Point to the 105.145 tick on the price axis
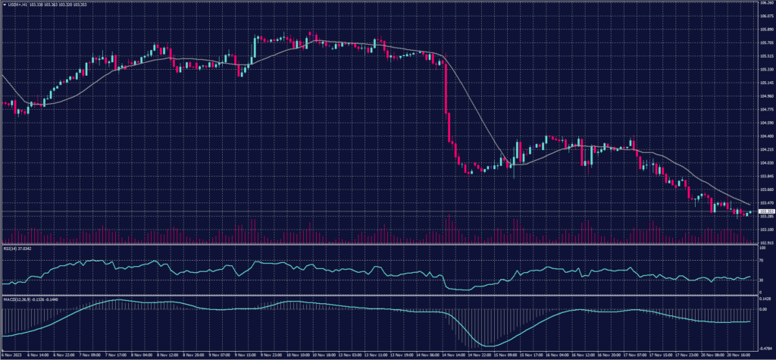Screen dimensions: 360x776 [765, 83]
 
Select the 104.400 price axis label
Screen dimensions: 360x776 [765, 136]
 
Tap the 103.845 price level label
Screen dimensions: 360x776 [765, 176]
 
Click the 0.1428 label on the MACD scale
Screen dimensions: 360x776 [765, 299]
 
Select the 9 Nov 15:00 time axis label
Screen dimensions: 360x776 [246, 355]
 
